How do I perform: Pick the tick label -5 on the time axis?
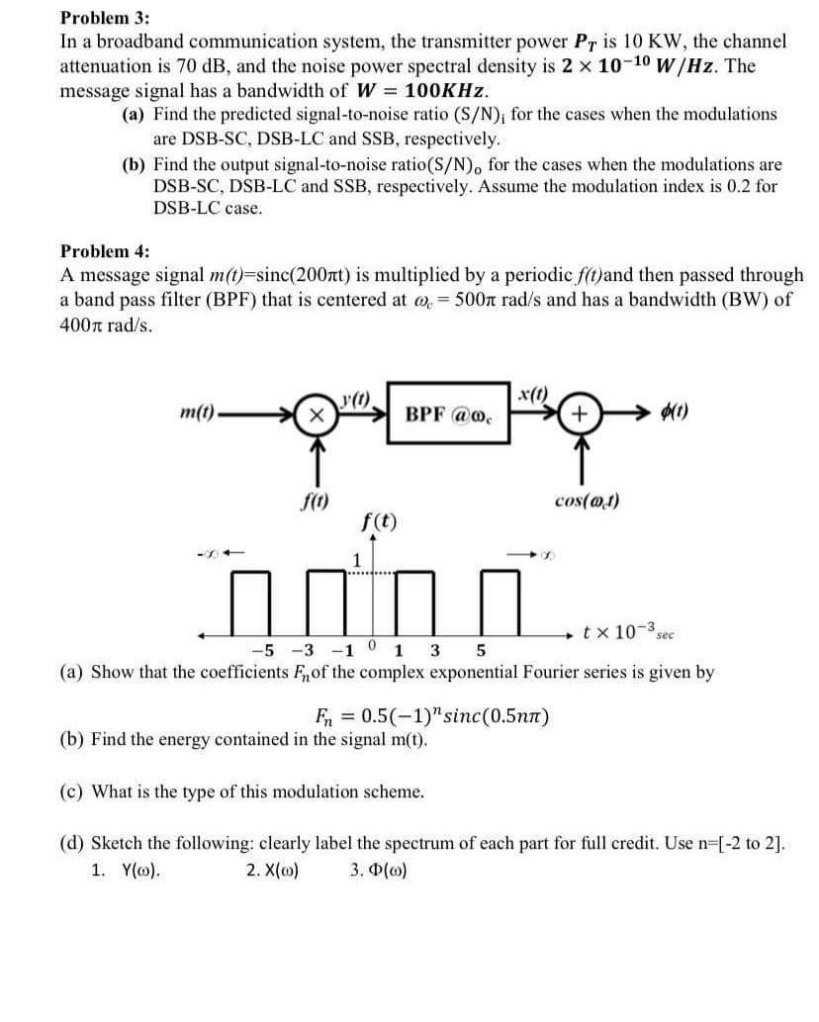tap(262, 651)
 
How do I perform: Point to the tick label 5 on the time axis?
tap(481, 651)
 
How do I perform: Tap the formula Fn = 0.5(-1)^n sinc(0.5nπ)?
tap(431, 716)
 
